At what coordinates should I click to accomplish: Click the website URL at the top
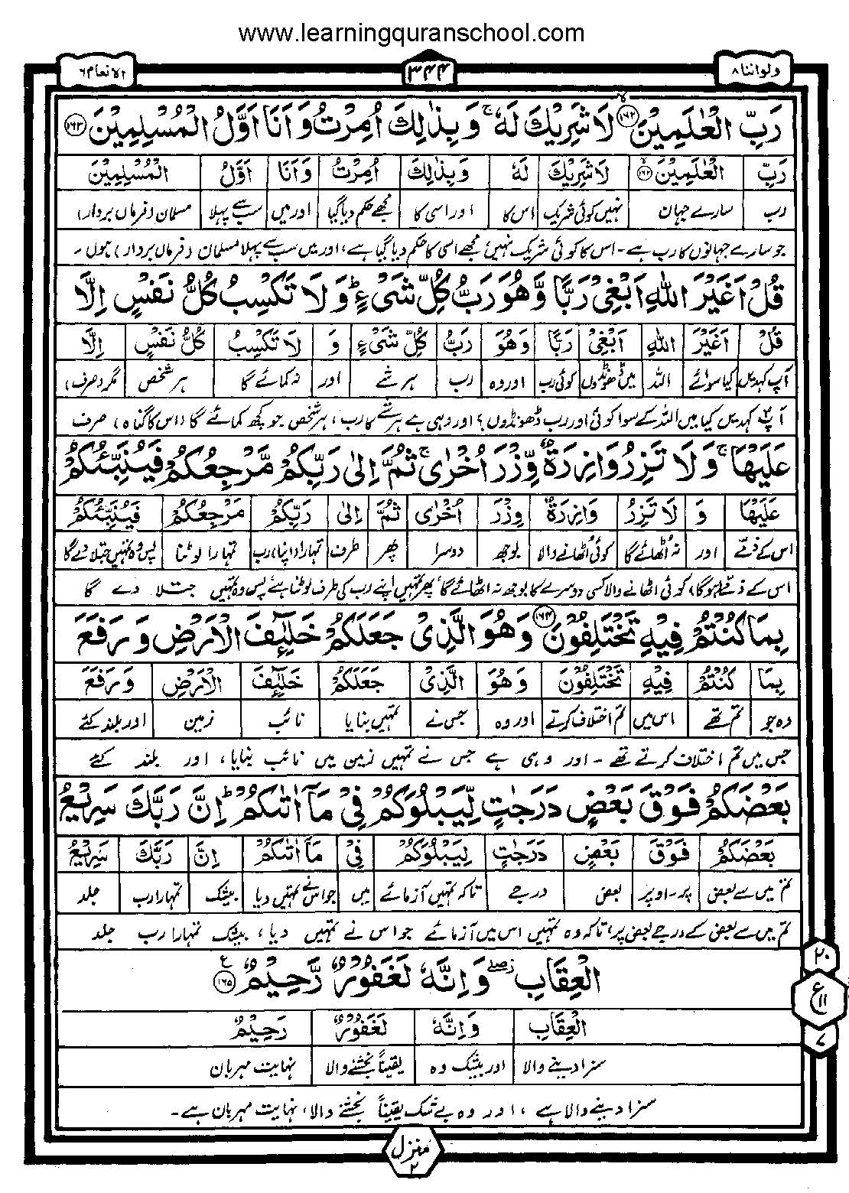[411, 33]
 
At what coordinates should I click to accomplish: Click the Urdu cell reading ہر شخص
[167, 379]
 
